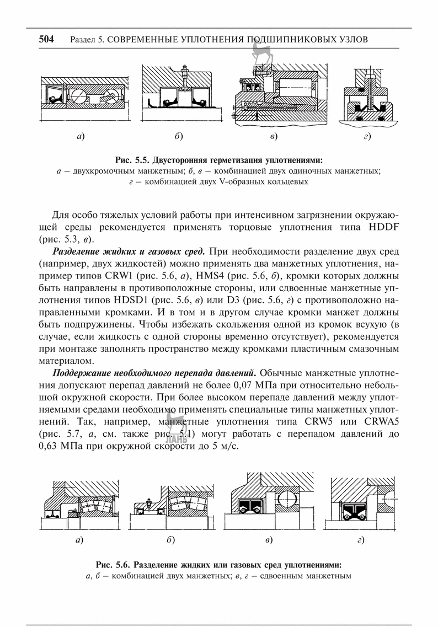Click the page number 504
46,40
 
